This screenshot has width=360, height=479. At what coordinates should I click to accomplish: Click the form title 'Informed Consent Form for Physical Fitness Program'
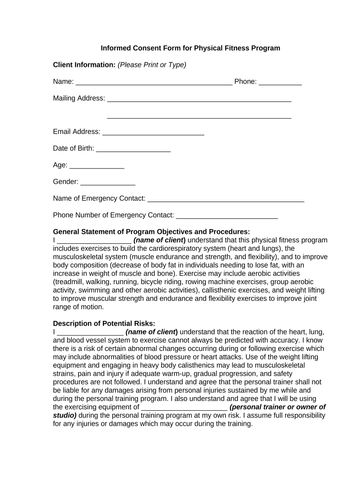[x=190, y=48]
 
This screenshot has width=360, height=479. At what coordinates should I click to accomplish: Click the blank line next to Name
[x=154, y=83]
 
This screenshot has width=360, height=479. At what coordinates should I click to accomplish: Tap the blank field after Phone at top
[x=280, y=83]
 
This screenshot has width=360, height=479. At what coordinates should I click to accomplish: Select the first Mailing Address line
[x=199, y=99]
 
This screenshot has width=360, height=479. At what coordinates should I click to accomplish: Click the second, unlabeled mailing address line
[x=199, y=116]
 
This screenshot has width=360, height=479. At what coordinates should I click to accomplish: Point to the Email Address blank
[x=153, y=132]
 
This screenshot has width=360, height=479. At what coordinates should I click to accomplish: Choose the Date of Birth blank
[x=133, y=149]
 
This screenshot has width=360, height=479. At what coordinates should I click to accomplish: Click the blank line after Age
[x=97, y=166]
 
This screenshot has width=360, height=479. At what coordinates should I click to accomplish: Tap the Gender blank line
[x=108, y=182]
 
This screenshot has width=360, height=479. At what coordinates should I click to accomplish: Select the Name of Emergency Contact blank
[x=226, y=199]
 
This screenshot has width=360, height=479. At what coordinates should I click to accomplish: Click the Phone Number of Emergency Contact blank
[x=227, y=216]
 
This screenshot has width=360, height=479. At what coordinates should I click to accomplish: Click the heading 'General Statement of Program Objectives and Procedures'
[x=151, y=232]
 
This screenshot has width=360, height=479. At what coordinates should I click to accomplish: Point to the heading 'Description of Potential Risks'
[x=104, y=324]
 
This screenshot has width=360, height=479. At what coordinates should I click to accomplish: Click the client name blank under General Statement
[x=94, y=240]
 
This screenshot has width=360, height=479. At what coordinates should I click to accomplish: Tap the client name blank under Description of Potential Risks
[x=90, y=332]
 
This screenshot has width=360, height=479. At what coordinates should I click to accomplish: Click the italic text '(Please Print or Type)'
[x=152, y=65]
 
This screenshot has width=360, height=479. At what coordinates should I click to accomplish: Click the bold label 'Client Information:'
[x=84, y=65]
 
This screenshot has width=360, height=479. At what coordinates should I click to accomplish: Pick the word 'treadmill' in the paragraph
[x=69, y=282]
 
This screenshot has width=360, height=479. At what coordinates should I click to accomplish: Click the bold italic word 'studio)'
[x=65, y=416]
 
